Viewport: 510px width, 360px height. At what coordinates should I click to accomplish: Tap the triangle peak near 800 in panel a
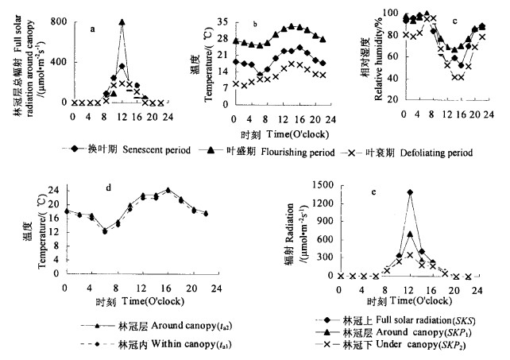tap(122, 22)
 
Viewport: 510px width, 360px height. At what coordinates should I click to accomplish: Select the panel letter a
tap(93, 29)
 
